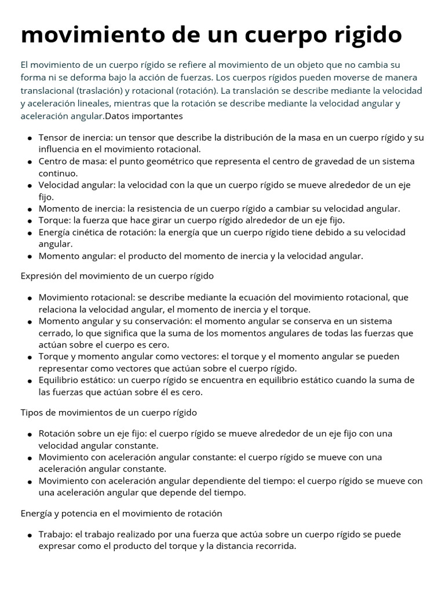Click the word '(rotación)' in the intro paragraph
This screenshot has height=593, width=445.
(x=193, y=90)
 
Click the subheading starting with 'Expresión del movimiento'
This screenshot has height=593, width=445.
(x=117, y=276)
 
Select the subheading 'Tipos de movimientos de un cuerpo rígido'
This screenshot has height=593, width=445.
(x=109, y=412)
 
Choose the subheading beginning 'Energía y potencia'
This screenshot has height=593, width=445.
(x=121, y=513)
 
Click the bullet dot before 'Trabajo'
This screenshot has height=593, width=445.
(x=30, y=535)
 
